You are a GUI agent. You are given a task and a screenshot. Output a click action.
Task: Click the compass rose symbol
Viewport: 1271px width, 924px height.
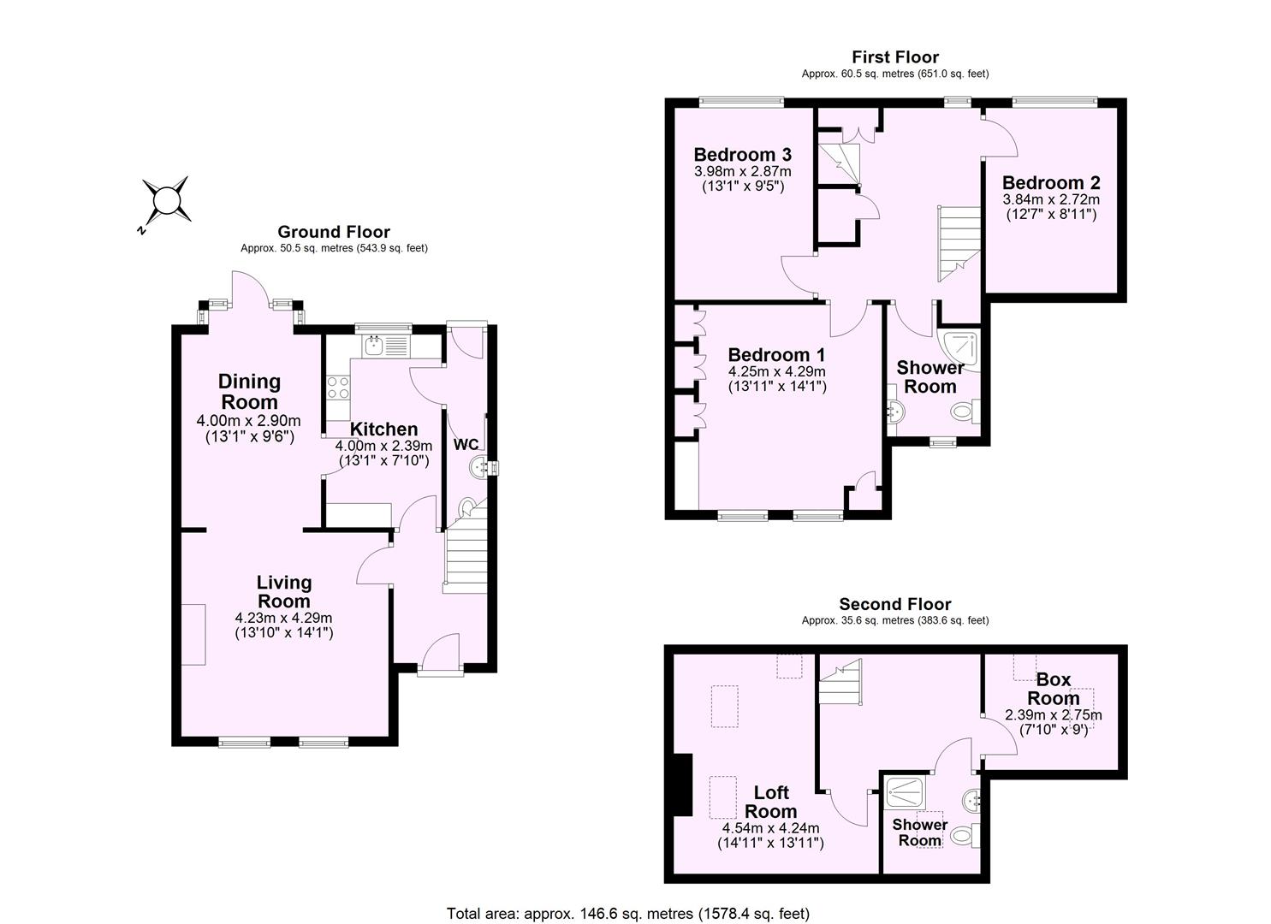165,201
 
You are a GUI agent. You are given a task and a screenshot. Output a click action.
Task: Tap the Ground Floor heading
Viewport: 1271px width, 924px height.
334,232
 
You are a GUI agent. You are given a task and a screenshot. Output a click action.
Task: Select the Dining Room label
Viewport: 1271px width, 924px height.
249,391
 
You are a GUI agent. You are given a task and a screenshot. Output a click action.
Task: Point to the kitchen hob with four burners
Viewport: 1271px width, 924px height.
337,388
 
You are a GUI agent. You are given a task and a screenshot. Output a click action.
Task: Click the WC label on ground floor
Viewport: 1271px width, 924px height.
466,445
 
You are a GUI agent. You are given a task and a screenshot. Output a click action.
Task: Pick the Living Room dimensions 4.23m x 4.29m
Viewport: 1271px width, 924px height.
283,618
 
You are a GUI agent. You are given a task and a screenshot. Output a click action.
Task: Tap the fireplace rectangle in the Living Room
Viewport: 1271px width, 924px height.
193,634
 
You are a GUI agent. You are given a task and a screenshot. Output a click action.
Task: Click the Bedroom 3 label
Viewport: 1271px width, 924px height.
742,155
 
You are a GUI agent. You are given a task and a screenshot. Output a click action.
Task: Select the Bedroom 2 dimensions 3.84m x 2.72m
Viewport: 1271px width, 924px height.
1051,199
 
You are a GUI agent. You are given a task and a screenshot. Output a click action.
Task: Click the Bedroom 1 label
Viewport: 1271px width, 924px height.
776,354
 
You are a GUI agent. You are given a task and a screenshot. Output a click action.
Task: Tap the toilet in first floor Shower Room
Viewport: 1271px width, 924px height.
965,412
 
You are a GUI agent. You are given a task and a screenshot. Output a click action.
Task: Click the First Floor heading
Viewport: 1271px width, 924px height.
895,57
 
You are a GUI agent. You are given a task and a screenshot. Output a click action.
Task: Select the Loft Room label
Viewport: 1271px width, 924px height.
771,802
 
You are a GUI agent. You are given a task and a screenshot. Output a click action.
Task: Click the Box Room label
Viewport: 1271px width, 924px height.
1054,689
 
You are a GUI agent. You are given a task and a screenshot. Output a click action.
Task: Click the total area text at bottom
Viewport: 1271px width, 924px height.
628,913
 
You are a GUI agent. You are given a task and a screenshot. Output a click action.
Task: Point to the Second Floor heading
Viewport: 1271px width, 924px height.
895,604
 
